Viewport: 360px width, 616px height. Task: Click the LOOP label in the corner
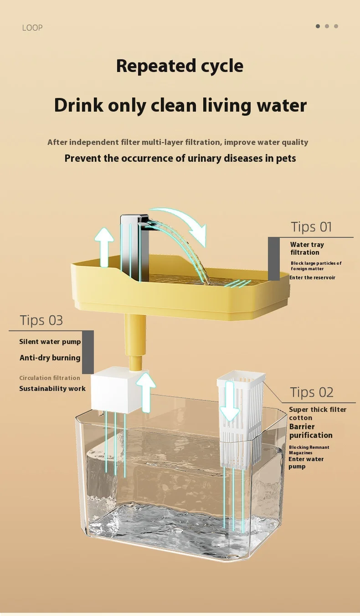click(32, 28)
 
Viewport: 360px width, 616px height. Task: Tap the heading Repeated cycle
click(180, 66)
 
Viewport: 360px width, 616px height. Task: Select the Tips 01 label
click(311, 227)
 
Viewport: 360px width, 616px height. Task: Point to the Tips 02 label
click(312, 392)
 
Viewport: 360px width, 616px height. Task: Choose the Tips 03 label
click(41, 320)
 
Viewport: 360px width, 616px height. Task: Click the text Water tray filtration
click(307, 248)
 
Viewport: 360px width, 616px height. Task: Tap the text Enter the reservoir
click(313, 277)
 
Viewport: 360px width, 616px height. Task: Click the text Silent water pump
click(50, 342)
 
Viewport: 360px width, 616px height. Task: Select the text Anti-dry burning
click(50, 358)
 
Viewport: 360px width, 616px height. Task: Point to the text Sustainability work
click(52, 388)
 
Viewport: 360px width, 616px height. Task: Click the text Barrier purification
click(311, 431)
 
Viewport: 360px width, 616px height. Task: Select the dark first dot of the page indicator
click(318, 26)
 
